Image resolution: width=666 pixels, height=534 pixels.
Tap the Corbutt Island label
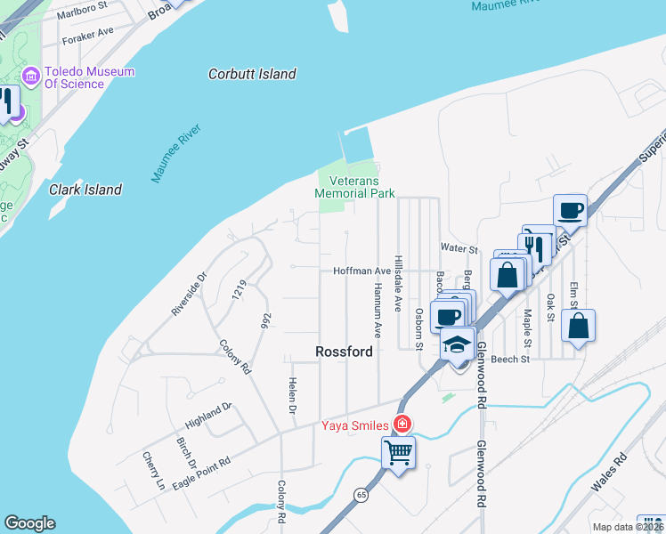tap(252, 74)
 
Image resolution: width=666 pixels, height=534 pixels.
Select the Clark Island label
tap(85, 190)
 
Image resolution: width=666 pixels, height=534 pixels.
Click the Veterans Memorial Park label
tap(354, 186)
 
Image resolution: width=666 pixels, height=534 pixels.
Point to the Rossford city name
tap(344, 352)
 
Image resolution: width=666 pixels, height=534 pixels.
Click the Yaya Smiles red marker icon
tap(402, 424)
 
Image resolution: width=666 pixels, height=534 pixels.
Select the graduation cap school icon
tap(458, 344)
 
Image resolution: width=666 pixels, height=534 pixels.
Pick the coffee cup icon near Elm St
tap(570, 210)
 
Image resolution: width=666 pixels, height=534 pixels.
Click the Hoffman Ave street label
tap(362, 271)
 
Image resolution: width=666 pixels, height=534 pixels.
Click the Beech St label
tap(510, 360)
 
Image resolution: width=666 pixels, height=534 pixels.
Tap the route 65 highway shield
tap(361, 494)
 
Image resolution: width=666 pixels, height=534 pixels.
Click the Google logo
tap(29, 523)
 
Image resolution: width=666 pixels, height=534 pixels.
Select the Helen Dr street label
tap(290, 395)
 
